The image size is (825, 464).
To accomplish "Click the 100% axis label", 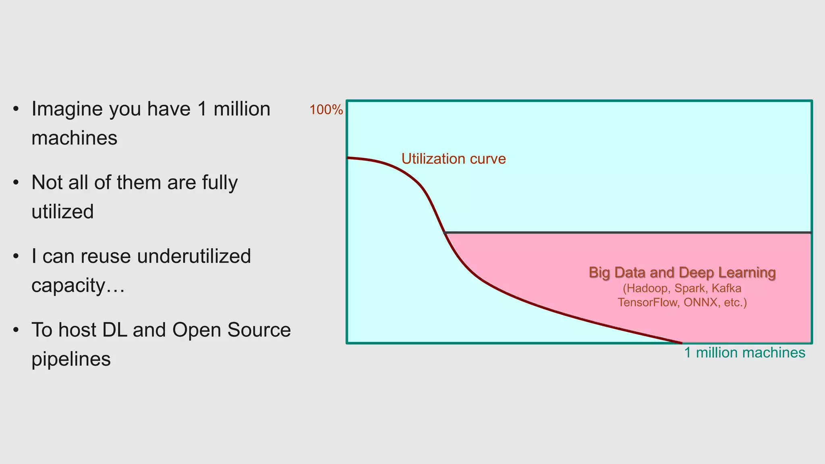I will point(326,110).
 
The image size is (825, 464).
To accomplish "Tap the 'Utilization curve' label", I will point(453,159).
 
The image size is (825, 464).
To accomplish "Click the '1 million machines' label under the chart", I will point(744,353).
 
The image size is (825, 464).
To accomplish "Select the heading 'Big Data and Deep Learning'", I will point(682,273).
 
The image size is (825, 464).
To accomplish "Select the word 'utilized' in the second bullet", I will point(62,212).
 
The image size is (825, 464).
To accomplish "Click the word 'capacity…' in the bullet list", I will point(78,286).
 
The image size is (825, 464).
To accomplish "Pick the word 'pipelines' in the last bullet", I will point(71,359).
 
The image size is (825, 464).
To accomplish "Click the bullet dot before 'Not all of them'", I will point(16,183).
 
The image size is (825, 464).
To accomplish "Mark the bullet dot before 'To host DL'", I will point(16,330).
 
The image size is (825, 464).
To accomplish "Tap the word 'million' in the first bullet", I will point(242,109).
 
